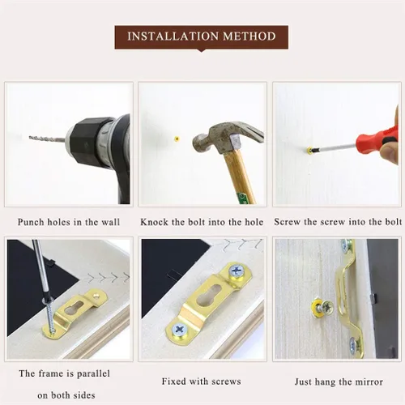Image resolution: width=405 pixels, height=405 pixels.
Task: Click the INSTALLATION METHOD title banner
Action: (x=201, y=37)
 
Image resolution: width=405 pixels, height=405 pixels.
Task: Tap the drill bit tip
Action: (x=29, y=138)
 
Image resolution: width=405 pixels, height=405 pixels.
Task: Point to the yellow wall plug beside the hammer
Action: (x=177, y=139)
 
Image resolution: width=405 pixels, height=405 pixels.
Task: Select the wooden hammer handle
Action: (x=240, y=177)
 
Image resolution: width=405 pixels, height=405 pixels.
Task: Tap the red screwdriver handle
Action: (x=378, y=143)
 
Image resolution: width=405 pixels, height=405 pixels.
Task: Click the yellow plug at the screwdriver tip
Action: (x=309, y=150)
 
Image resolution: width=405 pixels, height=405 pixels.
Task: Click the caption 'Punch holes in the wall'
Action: (x=69, y=222)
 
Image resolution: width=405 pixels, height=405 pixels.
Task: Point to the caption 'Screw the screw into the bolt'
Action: (x=338, y=222)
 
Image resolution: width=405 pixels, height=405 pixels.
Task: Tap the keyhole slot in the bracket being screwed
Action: (x=75, y=308)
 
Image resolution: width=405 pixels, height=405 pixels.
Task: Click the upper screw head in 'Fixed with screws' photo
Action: (x=237, y=271)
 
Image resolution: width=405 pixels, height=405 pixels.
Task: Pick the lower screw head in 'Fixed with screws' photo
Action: (x=178, y=330)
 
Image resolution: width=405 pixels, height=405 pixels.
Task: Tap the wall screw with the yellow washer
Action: (x=322, y=307)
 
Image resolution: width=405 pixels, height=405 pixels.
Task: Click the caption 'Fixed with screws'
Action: (x=201, y=382)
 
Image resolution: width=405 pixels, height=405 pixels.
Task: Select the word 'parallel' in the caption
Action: (x=94, y=373)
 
